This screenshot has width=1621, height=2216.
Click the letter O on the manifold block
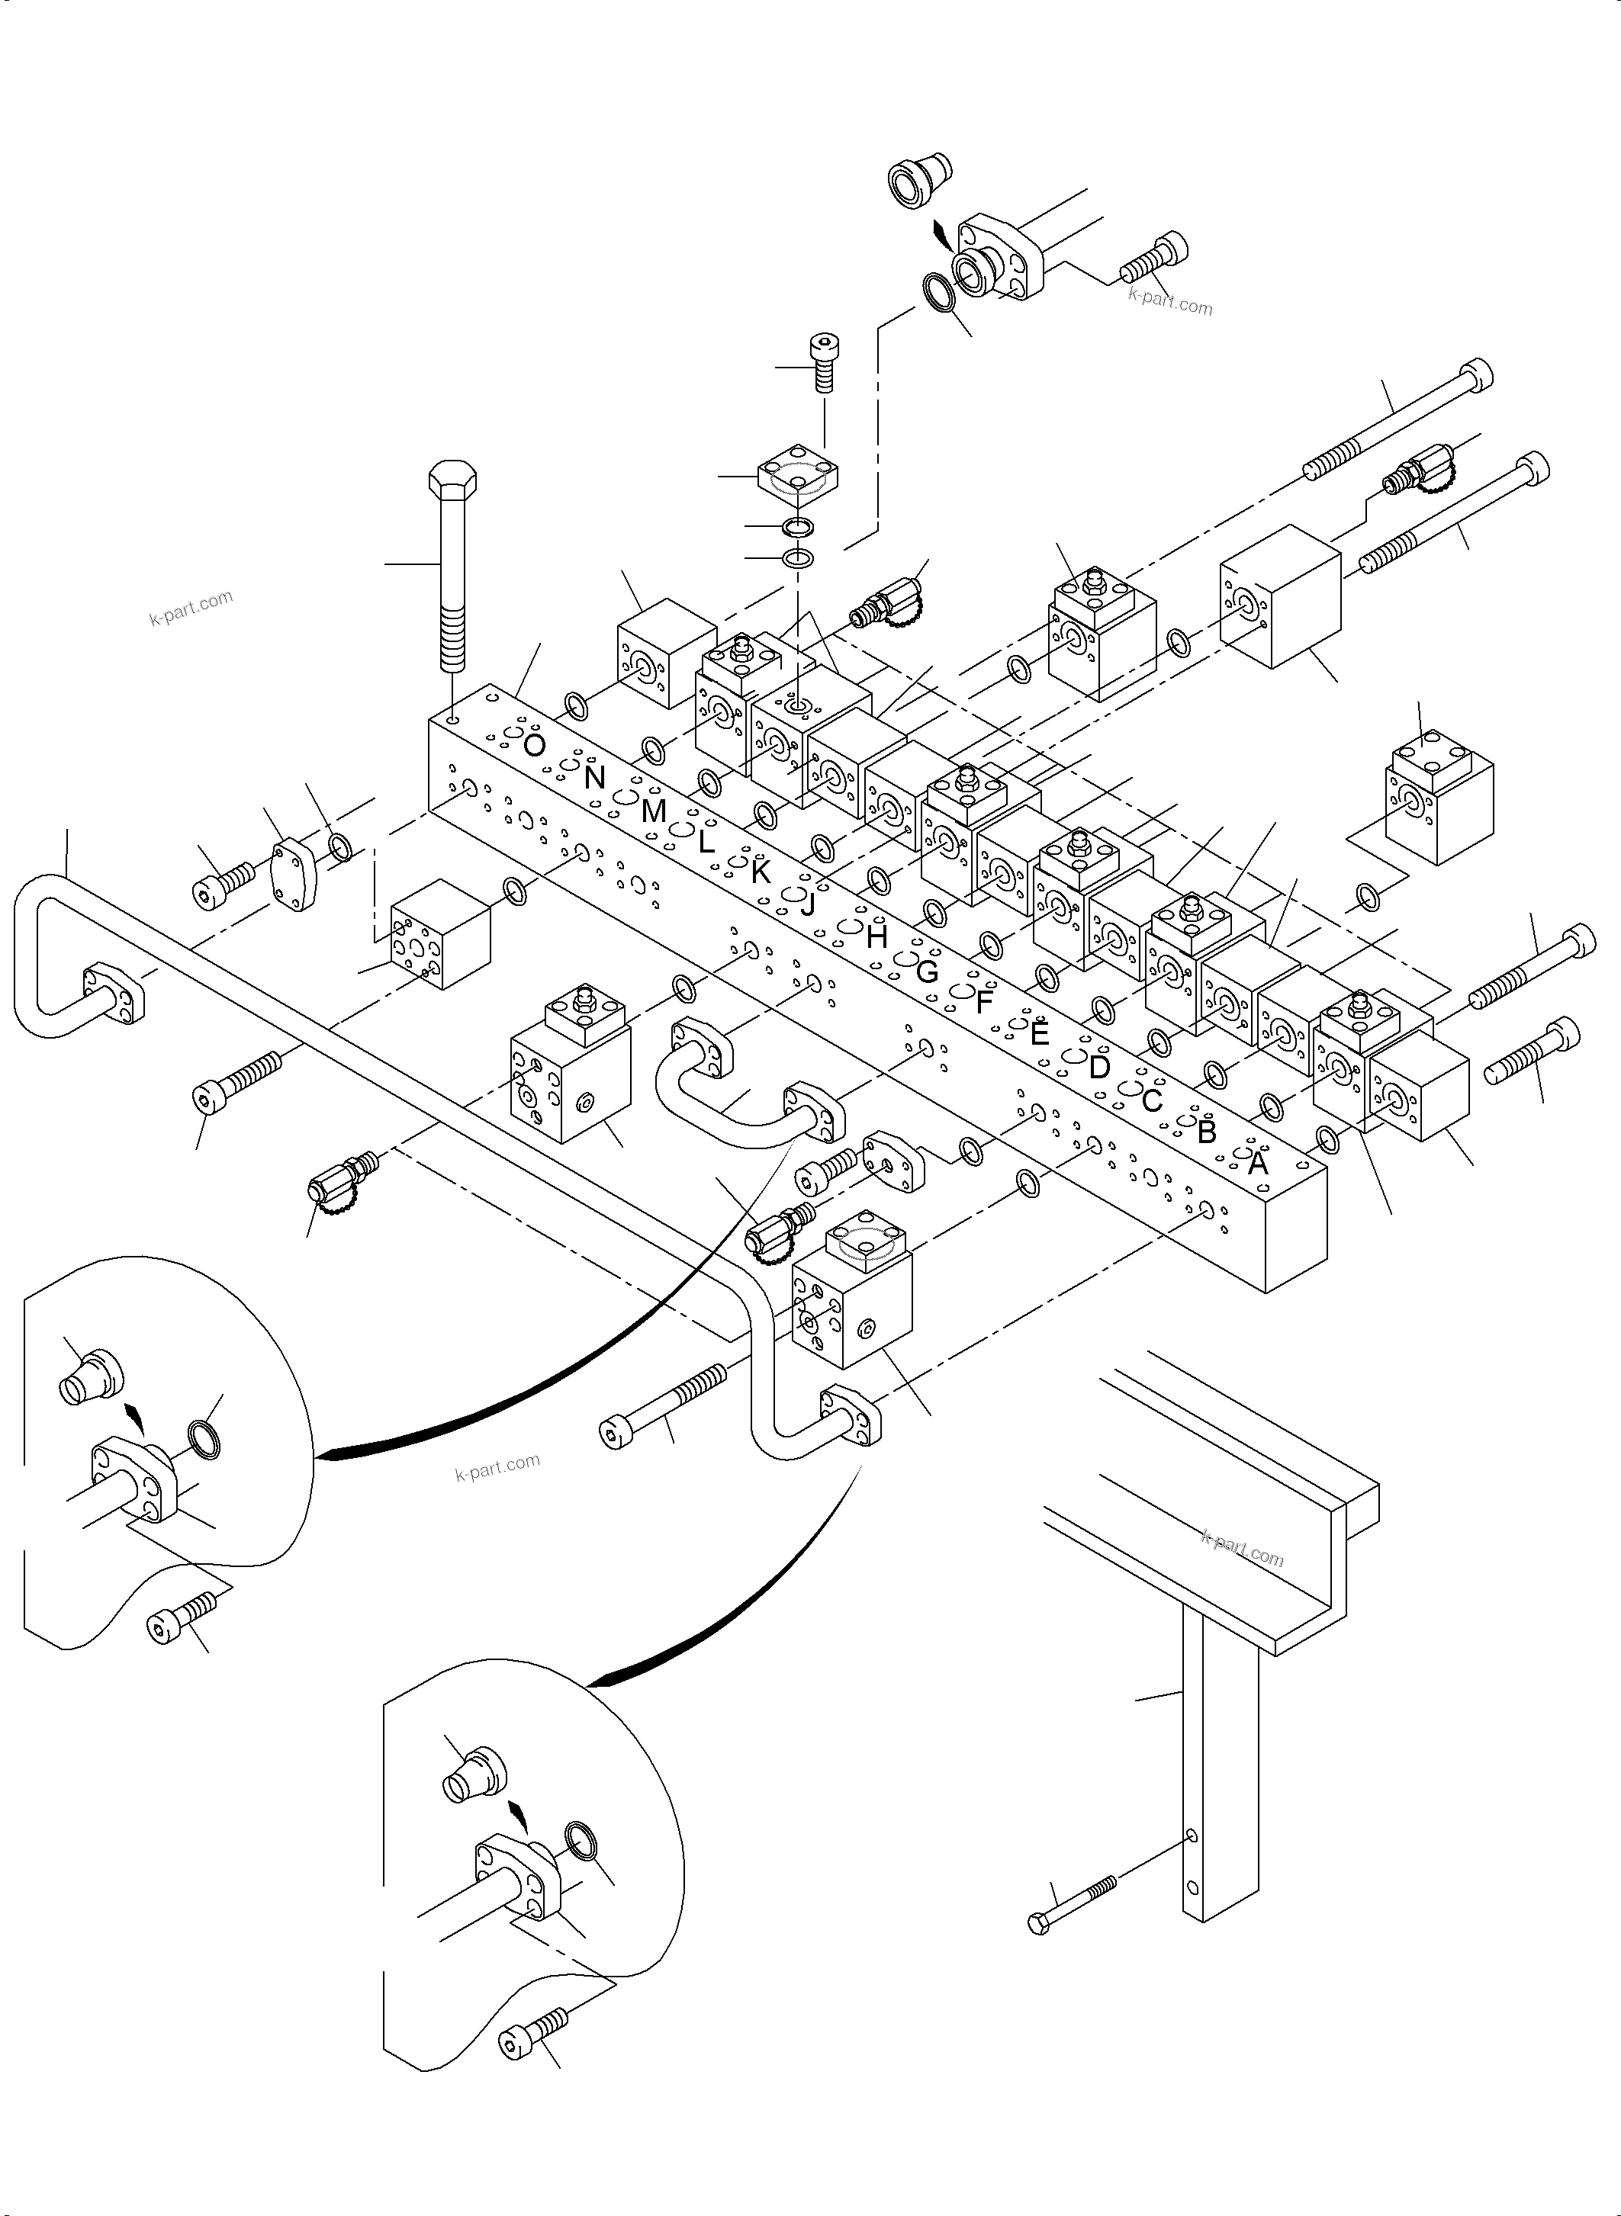534,746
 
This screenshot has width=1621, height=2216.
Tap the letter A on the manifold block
1257,1164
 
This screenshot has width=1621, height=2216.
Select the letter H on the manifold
876,937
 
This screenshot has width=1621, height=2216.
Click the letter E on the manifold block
1039,1033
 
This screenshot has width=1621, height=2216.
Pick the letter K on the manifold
761,872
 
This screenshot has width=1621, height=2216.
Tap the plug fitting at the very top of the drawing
918,178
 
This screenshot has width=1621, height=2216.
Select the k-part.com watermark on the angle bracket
1241,1551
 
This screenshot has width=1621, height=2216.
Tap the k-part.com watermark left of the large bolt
191,607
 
